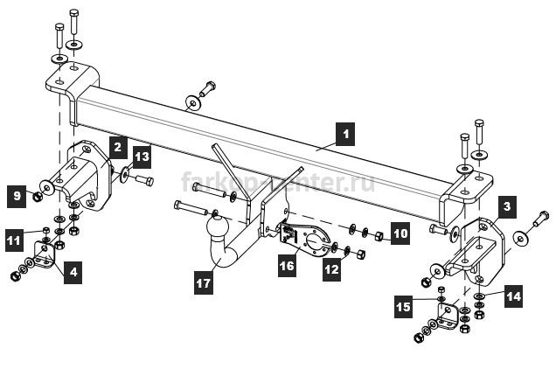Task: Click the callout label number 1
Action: [x=345, y=134]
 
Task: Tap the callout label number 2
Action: [x=118, y=147]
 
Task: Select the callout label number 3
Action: [x=507, y=206]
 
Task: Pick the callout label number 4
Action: [x=73, y=272]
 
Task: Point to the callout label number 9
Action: [x=17, y=196]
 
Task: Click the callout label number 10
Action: [x=400, y=233]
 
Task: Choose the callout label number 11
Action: [x=14, y=240]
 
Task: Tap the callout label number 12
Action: [x=332, y=269]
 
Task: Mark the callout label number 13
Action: [x=142, y=157]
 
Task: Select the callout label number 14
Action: [x=513, y=296]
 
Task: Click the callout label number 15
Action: [x=404, y=306]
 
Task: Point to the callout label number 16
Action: [x=287, y=265]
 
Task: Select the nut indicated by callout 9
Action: [x=38, y=196]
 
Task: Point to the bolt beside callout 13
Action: [x=144, y=181]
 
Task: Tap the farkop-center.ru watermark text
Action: [x=278, y=182]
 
